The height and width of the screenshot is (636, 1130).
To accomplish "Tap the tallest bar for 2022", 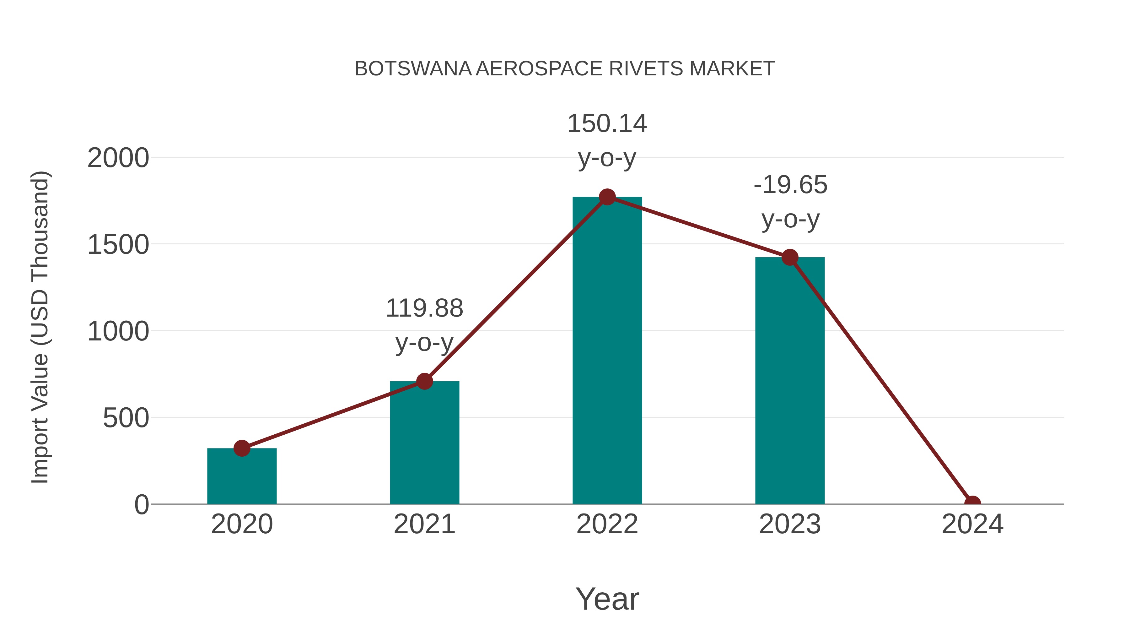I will (607, 351).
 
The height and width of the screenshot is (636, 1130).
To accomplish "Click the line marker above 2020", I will (242, 448).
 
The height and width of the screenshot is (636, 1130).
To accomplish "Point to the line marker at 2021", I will (424, 381).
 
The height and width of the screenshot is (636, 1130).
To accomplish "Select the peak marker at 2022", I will (607, 197).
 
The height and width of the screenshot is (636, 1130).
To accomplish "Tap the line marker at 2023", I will (790, 258).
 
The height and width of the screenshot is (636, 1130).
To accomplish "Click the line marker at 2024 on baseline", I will (972, 503).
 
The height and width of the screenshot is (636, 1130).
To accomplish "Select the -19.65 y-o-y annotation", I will (790, 202).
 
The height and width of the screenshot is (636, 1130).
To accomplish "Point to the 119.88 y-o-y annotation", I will (424, 325).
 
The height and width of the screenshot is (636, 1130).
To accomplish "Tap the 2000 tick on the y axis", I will (118, 158).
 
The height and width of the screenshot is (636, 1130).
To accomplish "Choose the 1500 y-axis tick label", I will (118, 244).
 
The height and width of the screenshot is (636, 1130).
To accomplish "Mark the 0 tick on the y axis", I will (141, 505).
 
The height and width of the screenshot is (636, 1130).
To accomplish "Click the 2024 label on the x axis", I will (972, 524).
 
